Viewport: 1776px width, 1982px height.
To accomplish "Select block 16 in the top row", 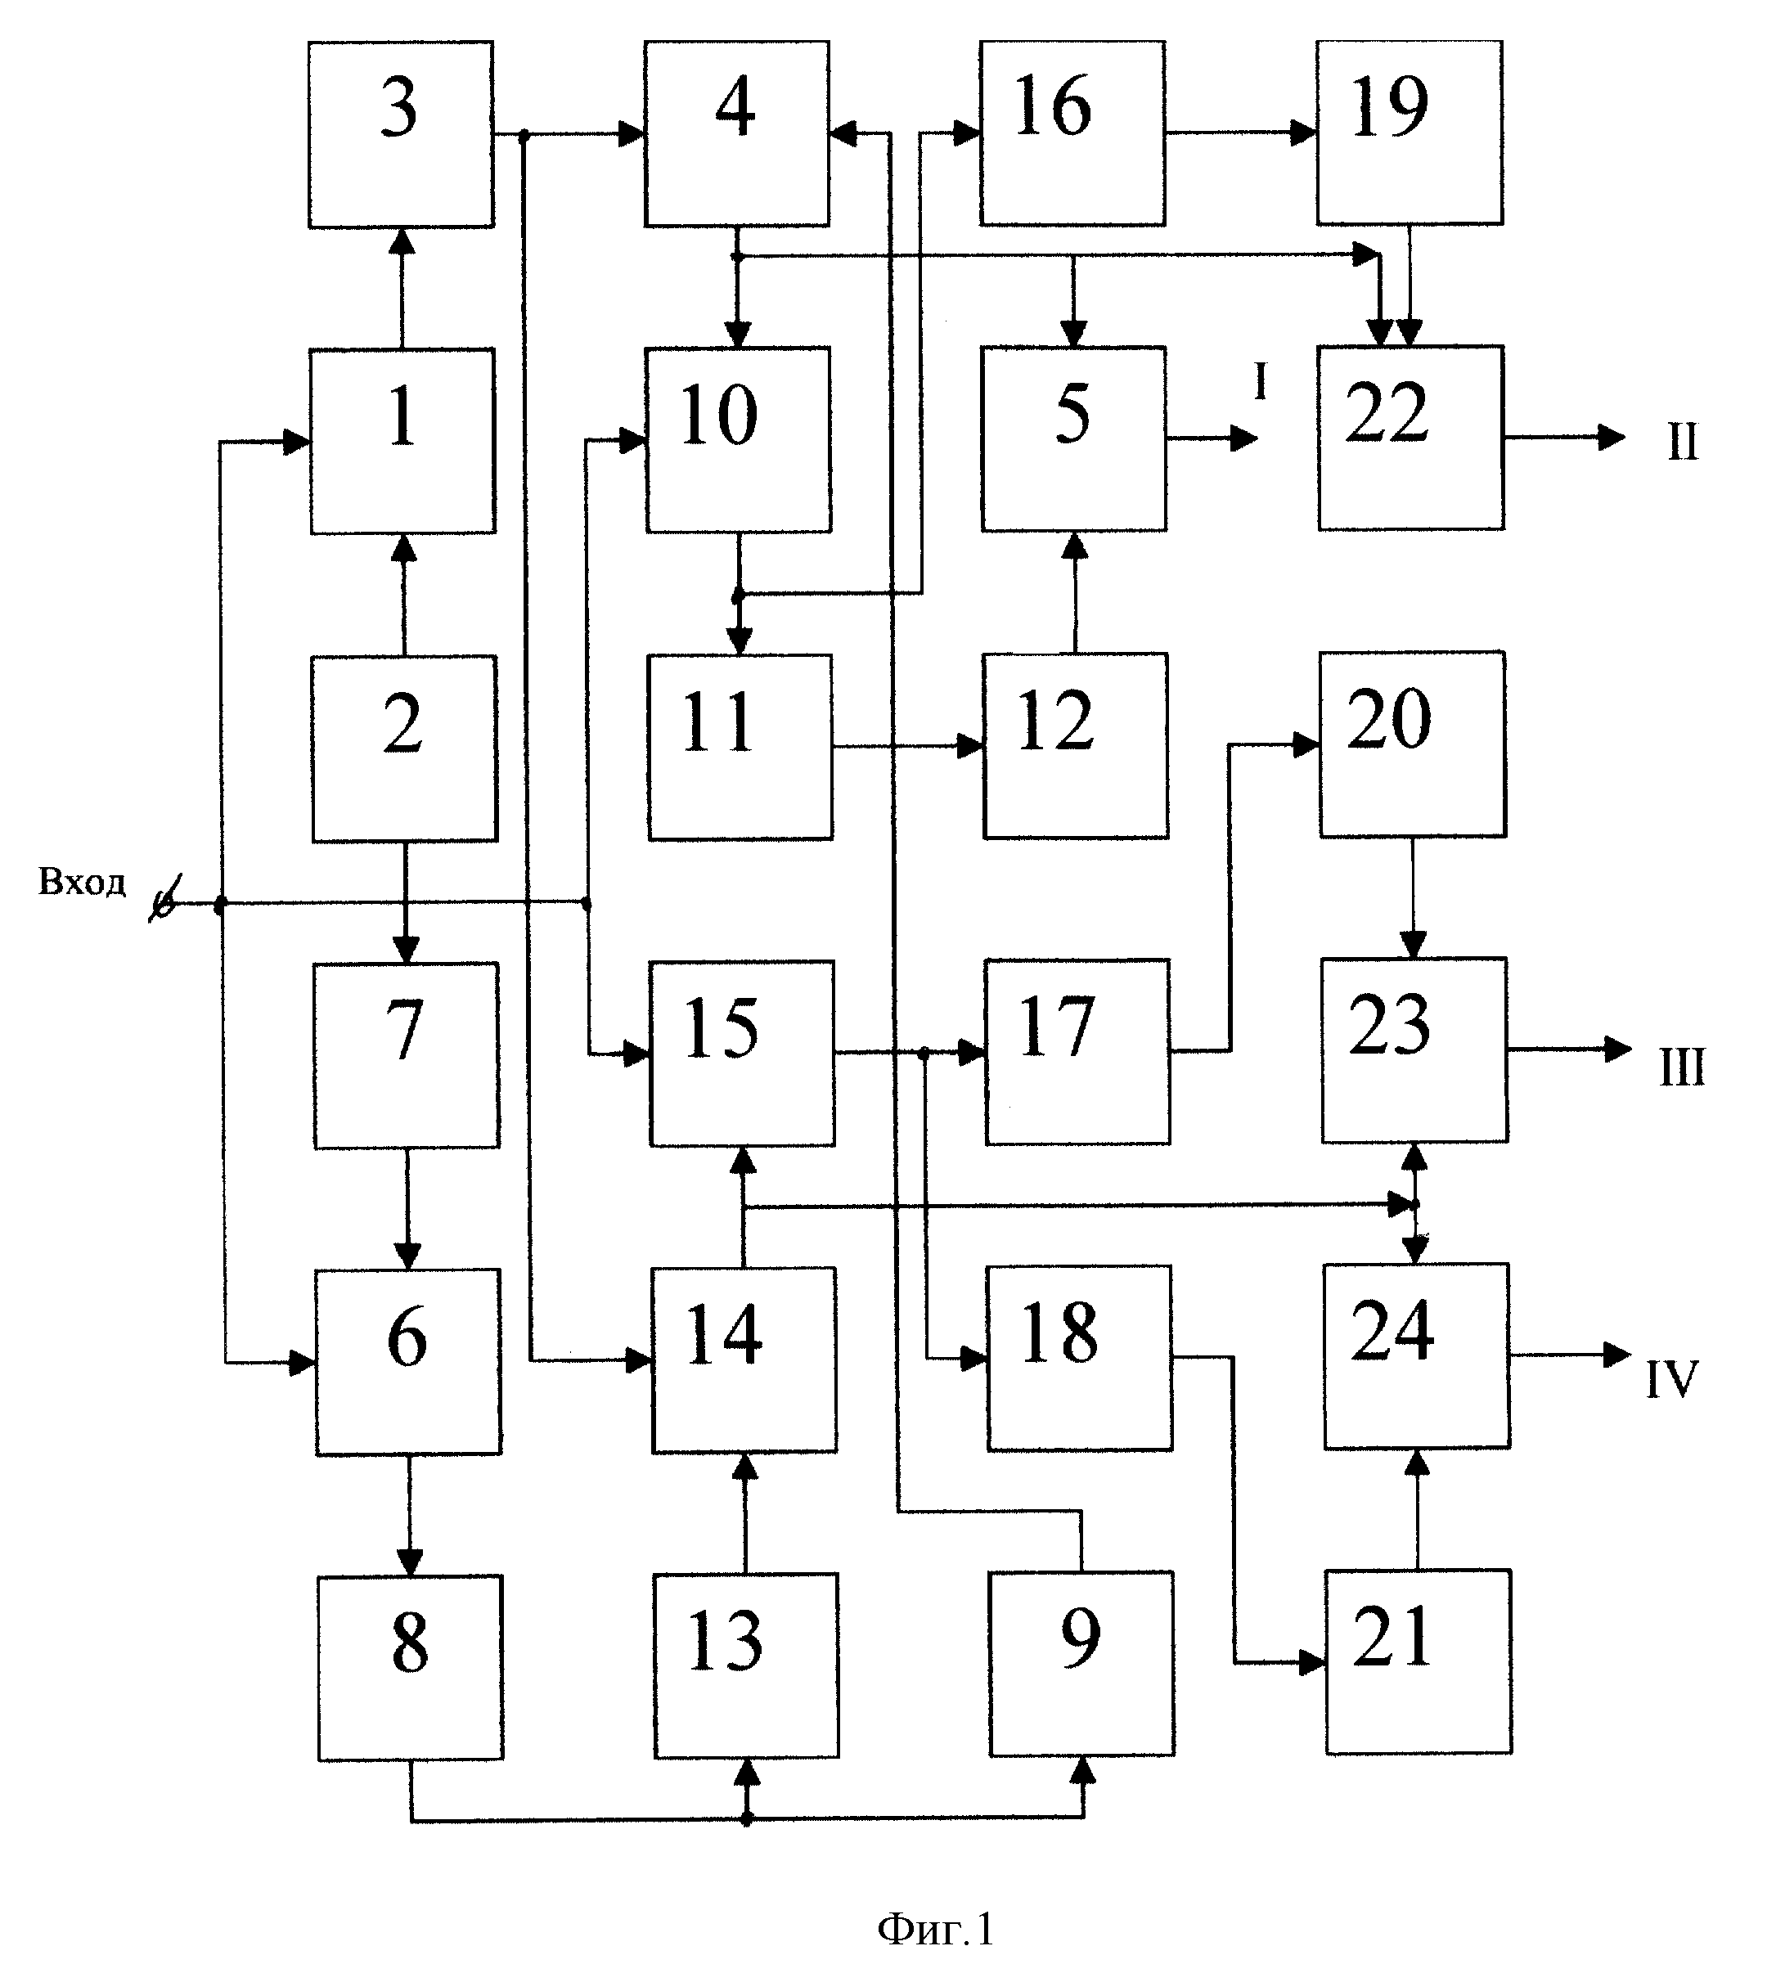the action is [1072, 133].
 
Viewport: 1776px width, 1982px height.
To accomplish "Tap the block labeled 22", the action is [1411, 438].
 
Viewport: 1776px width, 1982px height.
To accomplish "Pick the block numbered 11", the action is [740, 747].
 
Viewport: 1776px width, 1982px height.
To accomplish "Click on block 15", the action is [743, 1053].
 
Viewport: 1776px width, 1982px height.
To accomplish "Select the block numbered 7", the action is [406, 1055].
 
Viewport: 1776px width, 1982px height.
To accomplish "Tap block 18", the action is [1079, 1357].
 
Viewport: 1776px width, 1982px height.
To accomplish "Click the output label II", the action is [1682, 442].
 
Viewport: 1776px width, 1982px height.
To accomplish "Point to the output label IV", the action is [1673, 1380].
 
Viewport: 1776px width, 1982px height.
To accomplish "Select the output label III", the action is [1682, 1068].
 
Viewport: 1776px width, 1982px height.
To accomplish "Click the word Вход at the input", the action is [82, 882].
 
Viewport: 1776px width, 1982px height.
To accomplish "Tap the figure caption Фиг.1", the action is [935, 1930].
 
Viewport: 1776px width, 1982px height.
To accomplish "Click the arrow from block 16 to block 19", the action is [1241, 132].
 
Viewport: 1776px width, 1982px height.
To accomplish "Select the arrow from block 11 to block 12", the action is [909, 747].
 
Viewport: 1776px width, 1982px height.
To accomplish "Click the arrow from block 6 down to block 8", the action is [409, 1515].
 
